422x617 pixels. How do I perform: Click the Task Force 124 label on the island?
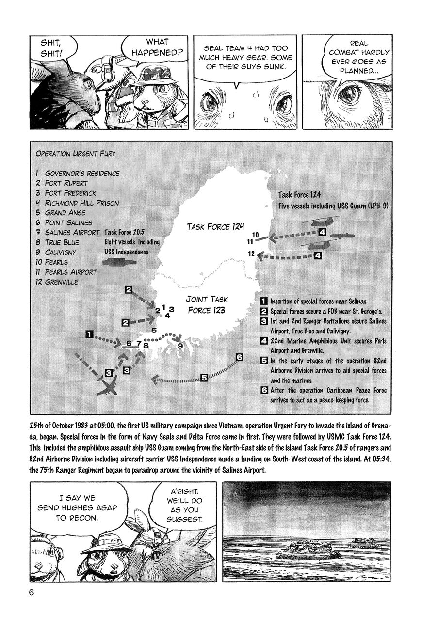coord(216,226)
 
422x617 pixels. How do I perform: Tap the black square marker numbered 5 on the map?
coord(204,377)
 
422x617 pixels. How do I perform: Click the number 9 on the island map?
coord(180,346)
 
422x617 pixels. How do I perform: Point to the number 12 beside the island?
coord(251,253)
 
